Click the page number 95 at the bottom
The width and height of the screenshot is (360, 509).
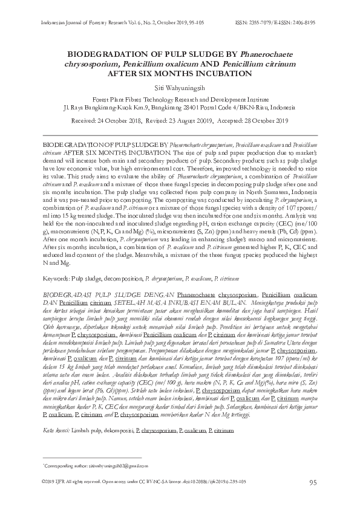[313, 482]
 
